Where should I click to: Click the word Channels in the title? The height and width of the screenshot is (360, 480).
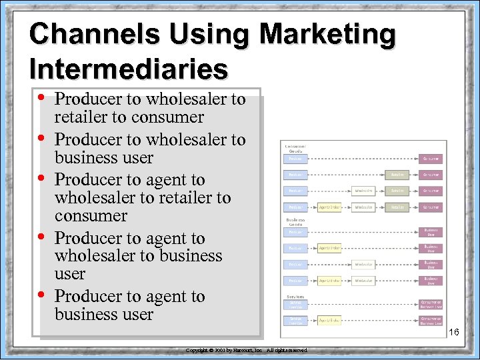(85, 35)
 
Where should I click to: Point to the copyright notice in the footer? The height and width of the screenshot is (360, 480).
(246, 350)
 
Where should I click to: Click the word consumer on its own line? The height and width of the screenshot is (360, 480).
(91, 215)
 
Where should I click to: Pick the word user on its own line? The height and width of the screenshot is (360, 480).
(70, 274)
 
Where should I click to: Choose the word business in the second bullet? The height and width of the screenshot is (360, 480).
(85, 158)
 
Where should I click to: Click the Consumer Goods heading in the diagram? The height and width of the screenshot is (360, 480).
(295, 149)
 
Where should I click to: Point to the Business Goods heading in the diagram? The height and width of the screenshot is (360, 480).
(295, 222)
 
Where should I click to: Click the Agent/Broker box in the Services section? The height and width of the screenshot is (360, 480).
(329, 320)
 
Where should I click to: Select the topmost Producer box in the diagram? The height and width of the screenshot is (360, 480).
(295, 159)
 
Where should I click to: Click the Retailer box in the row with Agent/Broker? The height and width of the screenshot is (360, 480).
(397, 207)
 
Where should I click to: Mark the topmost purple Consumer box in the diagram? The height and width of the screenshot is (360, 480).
(431, 159)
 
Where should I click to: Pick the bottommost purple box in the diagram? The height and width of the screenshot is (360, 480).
(431, 320)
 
